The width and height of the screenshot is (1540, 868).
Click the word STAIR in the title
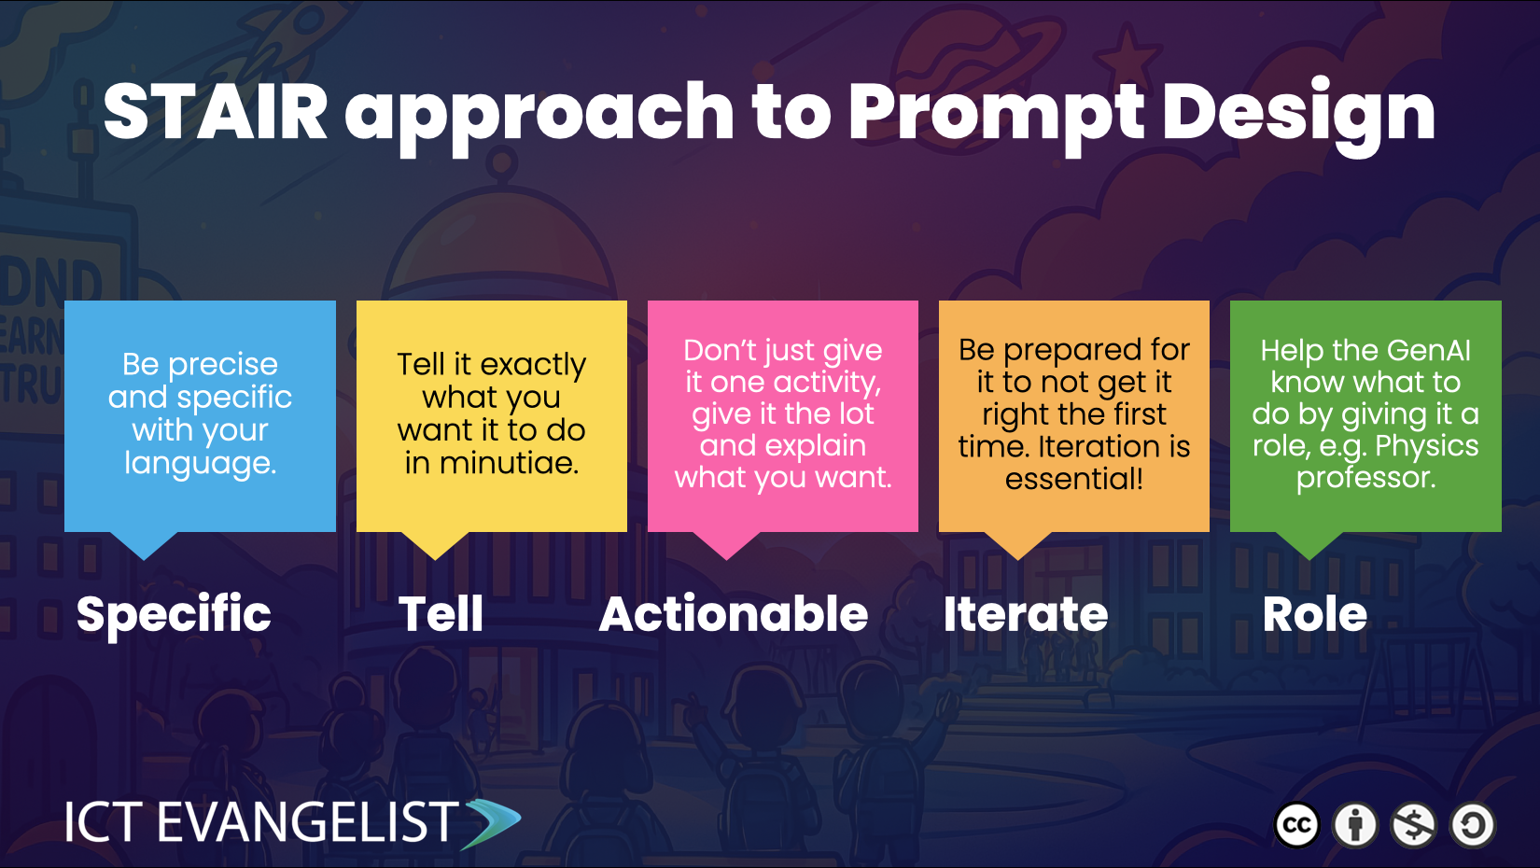pos(216,111)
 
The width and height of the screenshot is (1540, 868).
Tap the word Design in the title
pos(1298,117)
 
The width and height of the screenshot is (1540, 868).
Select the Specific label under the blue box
pos(174,615)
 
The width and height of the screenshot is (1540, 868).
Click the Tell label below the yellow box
pos(441,614)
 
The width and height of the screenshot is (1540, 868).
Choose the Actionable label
pos(734,614)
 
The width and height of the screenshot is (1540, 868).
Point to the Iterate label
pos(1025,614)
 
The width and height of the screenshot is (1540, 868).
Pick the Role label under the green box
pos(1314,614)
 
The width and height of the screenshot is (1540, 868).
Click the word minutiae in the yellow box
pos(509,463)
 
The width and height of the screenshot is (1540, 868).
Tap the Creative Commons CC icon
pos(1296,825)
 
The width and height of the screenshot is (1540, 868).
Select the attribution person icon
pos(1355,825)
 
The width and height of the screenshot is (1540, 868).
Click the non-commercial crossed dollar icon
pos(1413,825)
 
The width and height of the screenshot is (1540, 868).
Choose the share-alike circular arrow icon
pos(1473,825)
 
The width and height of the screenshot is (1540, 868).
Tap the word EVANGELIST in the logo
pos(308,821)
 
